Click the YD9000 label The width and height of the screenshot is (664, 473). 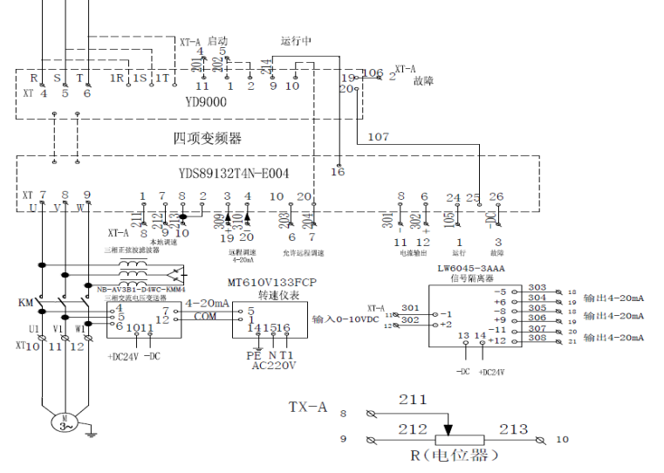[206, 103]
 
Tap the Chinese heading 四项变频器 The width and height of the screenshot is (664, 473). [206, 138]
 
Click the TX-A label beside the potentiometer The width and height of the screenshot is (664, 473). [308, 408]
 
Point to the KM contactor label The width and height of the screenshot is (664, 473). [25, 303]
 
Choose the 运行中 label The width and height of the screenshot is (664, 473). [296, 41]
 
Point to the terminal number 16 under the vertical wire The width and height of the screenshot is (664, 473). [338, 173]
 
